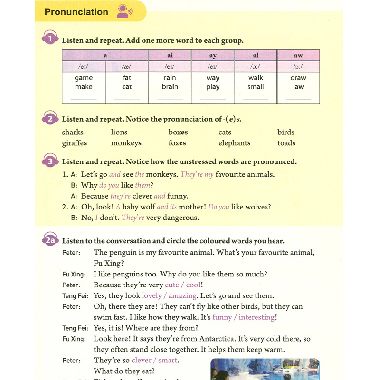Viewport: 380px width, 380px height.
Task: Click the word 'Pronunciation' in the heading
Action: point(76,12)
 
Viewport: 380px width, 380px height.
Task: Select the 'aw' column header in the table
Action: point(298,56)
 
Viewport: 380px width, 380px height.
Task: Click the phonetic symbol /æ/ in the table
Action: point(126,66)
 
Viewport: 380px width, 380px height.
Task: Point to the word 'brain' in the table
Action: point(170,87)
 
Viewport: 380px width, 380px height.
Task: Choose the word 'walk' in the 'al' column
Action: point(256,78)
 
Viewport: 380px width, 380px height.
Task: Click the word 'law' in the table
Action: point(298,87)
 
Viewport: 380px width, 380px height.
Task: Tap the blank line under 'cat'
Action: point(127,98)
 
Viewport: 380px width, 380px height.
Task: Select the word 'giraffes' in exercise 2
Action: point(75,143)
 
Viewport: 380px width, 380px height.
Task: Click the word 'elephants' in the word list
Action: point(234,143)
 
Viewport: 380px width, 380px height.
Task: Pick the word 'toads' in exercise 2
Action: point(286,143)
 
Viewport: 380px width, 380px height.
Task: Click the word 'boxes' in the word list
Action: point(178,133)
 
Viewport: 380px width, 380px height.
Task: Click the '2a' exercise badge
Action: point(50,241)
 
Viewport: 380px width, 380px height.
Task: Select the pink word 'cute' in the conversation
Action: point(171,285)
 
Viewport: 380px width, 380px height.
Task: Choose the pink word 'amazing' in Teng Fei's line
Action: point(183,296)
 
